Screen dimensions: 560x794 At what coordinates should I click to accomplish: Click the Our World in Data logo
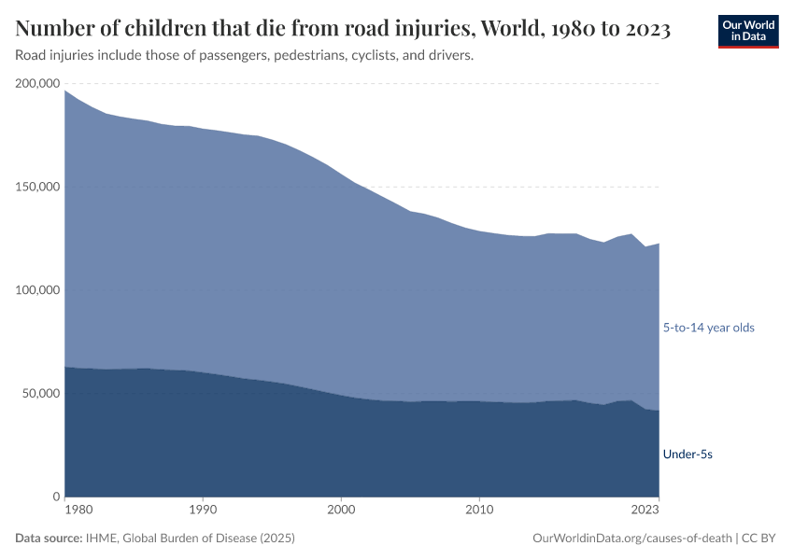click(x=747, y=31)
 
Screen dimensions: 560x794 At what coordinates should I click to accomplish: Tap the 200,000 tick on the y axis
click(x=37, y=84)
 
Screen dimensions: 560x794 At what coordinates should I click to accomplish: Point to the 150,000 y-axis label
click(x=37, y=187)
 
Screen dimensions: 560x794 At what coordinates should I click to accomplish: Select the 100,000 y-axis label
click(x=37, y=290)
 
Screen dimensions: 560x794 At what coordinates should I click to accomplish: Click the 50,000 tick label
click(x=40, y=394)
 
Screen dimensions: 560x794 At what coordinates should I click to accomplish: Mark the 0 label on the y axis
click(x=56, y=497)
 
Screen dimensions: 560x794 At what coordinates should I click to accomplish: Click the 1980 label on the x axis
click(x=78, y=511)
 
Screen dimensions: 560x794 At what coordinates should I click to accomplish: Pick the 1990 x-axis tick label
click(x=203, y=511)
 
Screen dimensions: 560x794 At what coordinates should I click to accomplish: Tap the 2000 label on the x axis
click(x=341, y=511)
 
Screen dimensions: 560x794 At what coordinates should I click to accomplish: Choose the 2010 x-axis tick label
click(x=479, y=511)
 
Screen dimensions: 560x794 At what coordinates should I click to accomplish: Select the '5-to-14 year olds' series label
click(x=708, y=328)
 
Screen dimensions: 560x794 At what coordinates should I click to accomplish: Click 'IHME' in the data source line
click(x=98, y=539)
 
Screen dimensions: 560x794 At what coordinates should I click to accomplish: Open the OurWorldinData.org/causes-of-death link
click(x=631, y=539)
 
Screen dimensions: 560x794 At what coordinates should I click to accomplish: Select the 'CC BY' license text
click(x=760, y=539)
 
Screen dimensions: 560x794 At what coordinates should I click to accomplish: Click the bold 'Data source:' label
click(x=48, y=539)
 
